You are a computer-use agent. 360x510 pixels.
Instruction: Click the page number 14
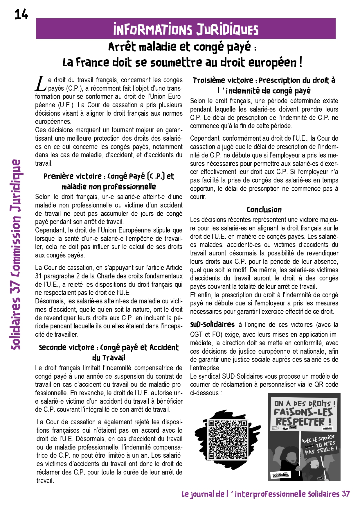pos(21,14)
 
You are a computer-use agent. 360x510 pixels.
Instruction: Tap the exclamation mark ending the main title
pos(300,62)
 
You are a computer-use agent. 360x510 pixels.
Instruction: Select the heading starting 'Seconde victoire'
pos(109,352)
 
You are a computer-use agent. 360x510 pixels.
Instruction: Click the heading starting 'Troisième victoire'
pos(264,85)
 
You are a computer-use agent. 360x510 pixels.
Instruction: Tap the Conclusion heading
pos(264,210)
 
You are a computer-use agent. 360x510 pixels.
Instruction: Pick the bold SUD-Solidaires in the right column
pos(212,324)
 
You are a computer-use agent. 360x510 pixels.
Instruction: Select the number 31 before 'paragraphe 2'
pos(38,276)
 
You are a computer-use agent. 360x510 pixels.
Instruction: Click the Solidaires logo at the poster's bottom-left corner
pos(280,475)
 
